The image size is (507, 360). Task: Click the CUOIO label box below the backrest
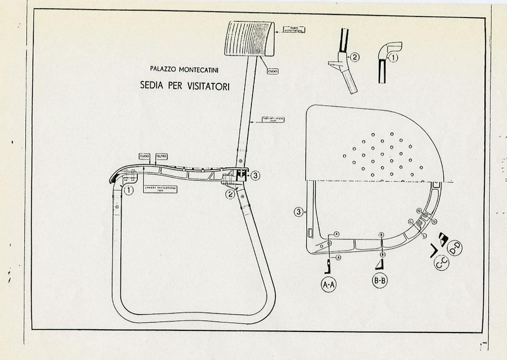tap(273, 71)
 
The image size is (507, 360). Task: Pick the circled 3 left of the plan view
tap(299, 213)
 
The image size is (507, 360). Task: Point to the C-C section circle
tap(442, 262)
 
